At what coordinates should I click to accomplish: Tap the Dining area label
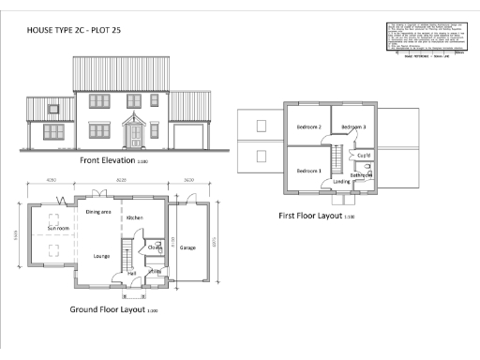point(99,213)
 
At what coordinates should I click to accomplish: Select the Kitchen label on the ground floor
point(134,217)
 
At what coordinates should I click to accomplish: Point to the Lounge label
point(102,255)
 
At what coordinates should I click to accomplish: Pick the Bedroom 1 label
point(309,172)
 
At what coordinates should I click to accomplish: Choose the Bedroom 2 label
point(309,127)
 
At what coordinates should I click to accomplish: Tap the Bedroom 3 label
point(352,127)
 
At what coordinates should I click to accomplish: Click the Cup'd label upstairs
point(363,155)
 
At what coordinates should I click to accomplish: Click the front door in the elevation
point(137,137)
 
